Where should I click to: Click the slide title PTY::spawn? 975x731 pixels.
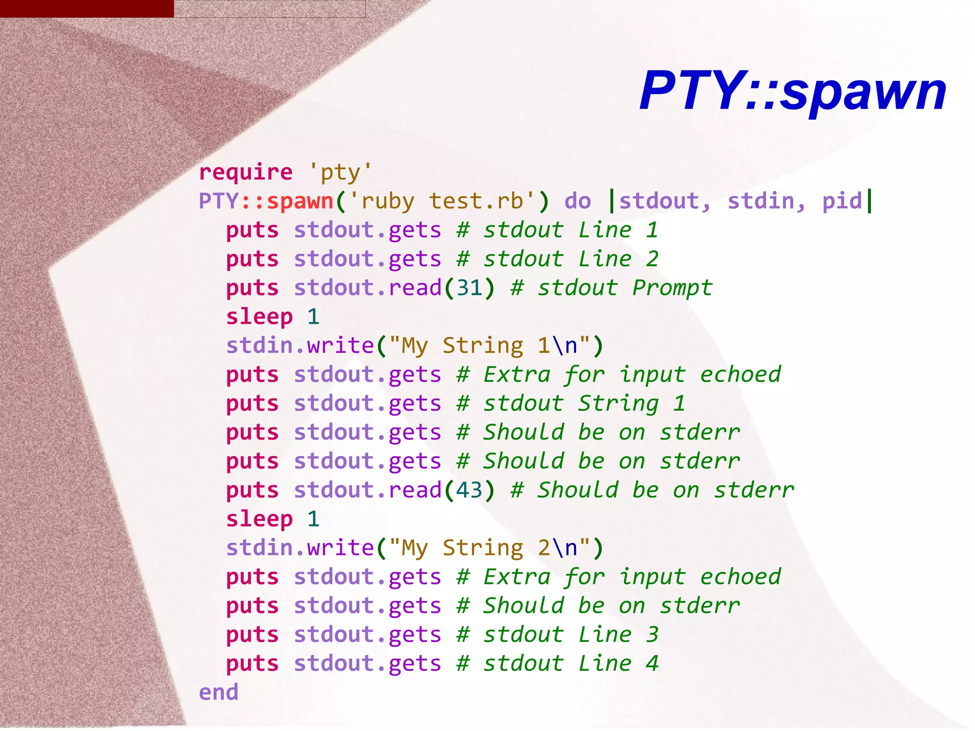(x=793, y=90)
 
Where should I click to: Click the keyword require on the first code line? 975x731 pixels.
(x=246, y=172)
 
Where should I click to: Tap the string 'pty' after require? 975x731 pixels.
(x=340, y=172)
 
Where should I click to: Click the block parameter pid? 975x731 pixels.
(x=842, y=201)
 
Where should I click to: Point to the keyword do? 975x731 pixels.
(x=577, y=201)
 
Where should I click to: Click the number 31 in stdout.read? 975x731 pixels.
(x=469, y=288)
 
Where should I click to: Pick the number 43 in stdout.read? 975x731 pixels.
(x=469, y=490)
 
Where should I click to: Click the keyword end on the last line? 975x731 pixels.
(x=219, y=692)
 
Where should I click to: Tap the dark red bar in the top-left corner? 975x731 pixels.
(x=87, y=9)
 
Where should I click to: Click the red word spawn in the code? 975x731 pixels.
(x=300, y=201)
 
